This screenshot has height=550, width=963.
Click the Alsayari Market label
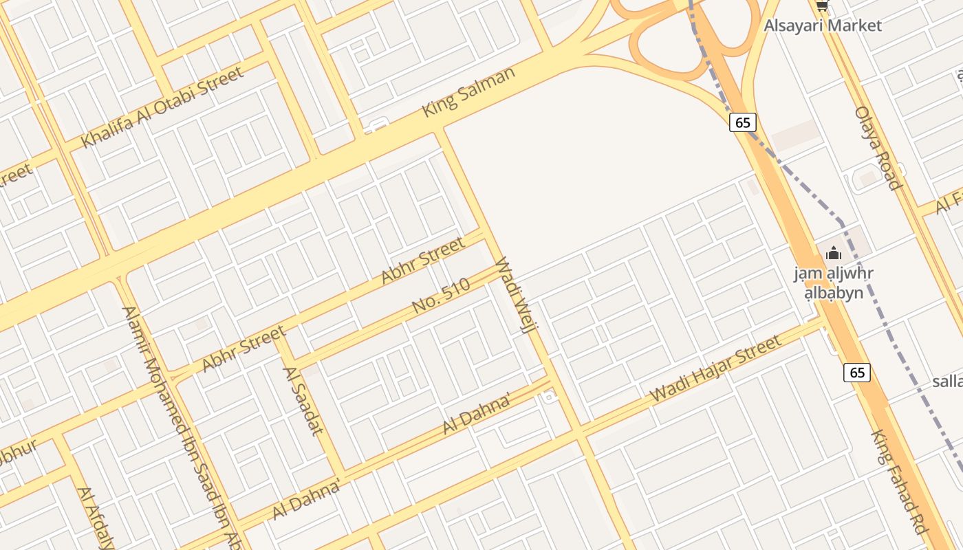pyautogui.click(x=823, y=26)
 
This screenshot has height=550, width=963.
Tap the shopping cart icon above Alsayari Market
pyautogui.click(x=822, y=6)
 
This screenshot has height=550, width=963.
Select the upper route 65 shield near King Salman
pyautogui.click(x=742, y=122)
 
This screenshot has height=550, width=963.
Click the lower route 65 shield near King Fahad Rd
pyautogui.click(x=856, y=373)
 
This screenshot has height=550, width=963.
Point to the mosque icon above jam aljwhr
pyautogui.click(x=833, y=253)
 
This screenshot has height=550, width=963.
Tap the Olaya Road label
pyautogui.click(x=877, y=148)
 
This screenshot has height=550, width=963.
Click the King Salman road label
pyautogui.click(x=468, y=91)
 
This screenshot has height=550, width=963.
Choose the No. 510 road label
pyautogui.click(x=441, y=296)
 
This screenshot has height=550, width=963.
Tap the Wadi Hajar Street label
pyautogui.click(x=715, y=368)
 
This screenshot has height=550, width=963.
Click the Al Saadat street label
pyautogui.click(x=303, y=401)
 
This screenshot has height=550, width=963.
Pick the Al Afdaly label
pyautogui.click(x=95, y=518)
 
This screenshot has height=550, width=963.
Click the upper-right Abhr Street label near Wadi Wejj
pyautogui.click(x=423, y=261)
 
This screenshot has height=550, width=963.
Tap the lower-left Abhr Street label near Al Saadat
pyautogui.click(x=244, y=349)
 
